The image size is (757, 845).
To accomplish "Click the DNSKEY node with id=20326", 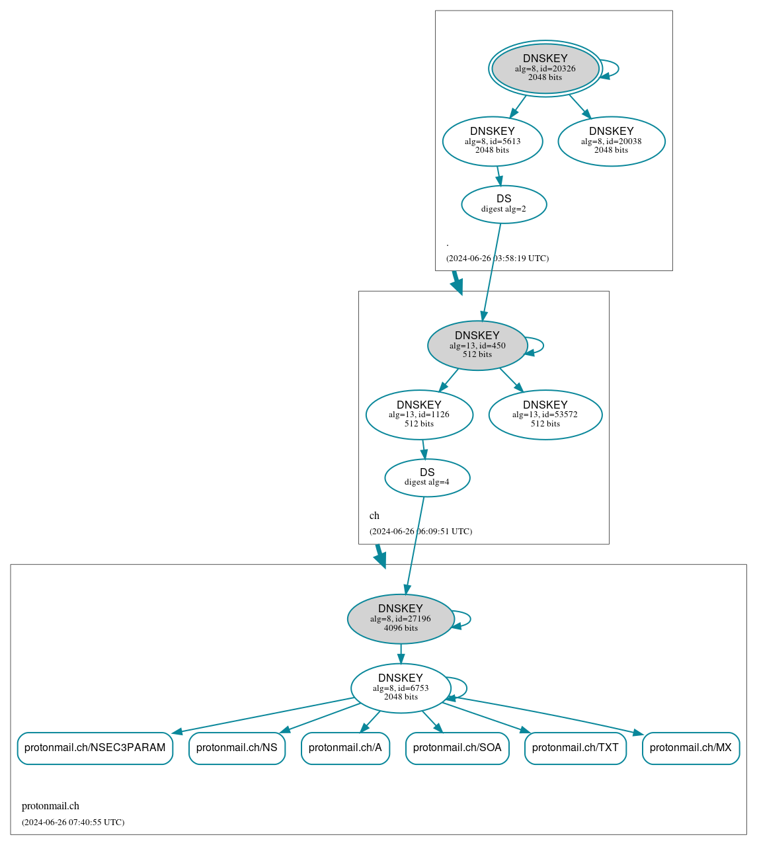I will click(x=545, y=68).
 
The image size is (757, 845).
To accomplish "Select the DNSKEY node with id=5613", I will click(x=493, y=141).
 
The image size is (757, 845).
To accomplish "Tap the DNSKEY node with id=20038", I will click(x=611, y=141).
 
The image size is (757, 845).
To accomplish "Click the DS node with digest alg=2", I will click(x=504, y=204).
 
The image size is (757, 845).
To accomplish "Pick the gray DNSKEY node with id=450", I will click(x=477, y=345).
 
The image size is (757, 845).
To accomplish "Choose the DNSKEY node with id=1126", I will click(x=419, y=415).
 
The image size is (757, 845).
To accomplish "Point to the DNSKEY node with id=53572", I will click(x=545, y=415).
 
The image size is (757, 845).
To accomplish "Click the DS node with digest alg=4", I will click(x=427, y=477).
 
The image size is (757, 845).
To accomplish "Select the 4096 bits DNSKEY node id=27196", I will click(x=401, y=618).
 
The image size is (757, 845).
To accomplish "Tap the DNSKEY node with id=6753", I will click(x=401, y=688).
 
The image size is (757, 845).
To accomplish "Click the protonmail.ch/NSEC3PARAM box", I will click(x=95, y=748).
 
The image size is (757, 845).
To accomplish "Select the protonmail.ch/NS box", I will click(x=237, y=748).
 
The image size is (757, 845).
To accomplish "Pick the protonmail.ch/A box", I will click(x=345, y=748).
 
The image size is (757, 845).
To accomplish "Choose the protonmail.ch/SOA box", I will click(x=457, y=748).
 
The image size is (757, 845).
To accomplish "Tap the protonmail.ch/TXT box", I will click(x=575, y=748).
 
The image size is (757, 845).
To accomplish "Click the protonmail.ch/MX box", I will click(x=690, y=748).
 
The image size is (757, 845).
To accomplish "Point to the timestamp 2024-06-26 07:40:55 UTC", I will click(x=73, y=823).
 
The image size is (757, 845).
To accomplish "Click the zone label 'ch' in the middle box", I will click(x=374, y=516).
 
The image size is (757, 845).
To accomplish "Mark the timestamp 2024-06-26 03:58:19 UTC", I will click(x=497, y=259).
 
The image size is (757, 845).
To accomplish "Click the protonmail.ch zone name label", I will click(x=50, y=806).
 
